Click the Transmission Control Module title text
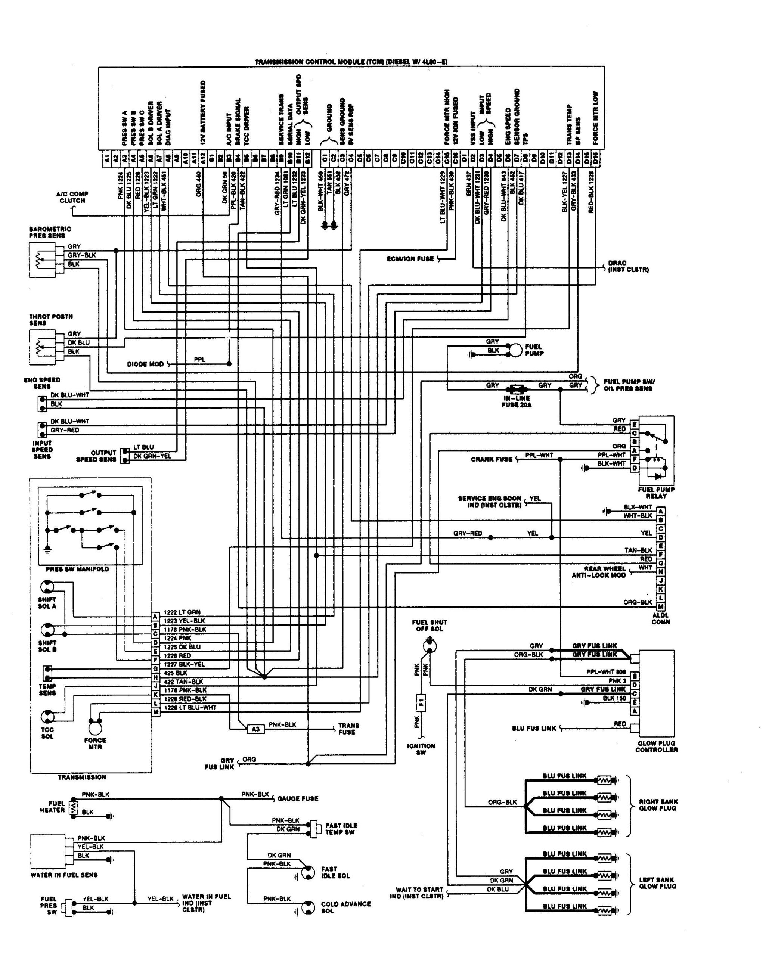pos(351,62)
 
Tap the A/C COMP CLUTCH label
pos(72,197)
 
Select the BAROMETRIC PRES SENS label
pos(50,232)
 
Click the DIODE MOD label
pos(145,364)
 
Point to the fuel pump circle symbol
pos(515,350)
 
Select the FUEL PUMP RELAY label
pos(656,493)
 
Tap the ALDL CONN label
pos(660,618)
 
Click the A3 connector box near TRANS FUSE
pos(255,729)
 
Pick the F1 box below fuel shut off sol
pos(421,703)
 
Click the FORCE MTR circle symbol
pos(95,728)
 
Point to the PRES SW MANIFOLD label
pos(77,569)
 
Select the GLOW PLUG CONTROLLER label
pos(656,746)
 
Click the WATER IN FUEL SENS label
pos(64,875)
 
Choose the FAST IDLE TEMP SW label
pos(341,828)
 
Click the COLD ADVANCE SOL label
pos(345,907)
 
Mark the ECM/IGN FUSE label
pos(410,259)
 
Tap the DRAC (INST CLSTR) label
pos(628,266)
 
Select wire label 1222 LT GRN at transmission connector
pos(182,612)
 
